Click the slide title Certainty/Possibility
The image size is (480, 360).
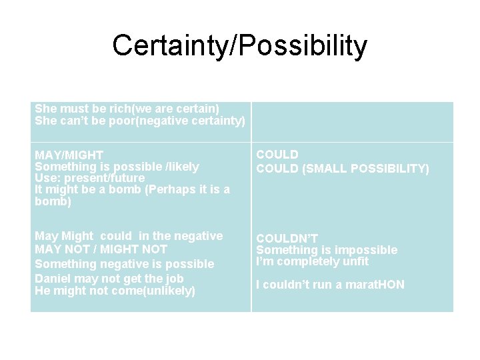[239, 46]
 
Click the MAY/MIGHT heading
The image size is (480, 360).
[69, 155]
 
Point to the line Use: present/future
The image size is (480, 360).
[89, 178]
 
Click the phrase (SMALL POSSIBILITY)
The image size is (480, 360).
[365, 169]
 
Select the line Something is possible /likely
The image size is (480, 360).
[117, 167]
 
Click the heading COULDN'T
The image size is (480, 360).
[287, 239]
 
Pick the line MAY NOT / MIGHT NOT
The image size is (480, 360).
[101, 249]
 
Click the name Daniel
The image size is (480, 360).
[53, 278]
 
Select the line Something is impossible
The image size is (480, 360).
[327, 250]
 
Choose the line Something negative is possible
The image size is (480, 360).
[124, 264]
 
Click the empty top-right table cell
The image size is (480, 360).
[352, 121]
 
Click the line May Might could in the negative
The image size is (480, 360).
[129, 236]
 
